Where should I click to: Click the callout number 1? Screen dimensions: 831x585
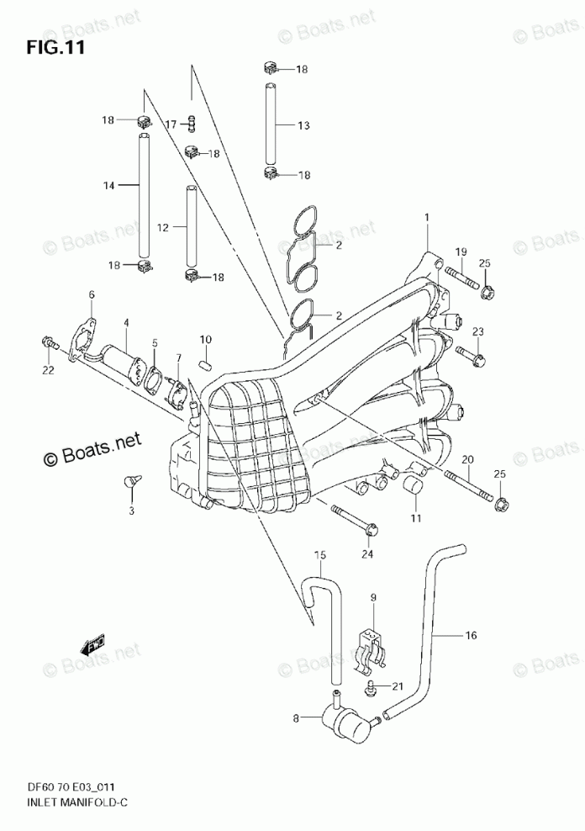(x=427, y=219)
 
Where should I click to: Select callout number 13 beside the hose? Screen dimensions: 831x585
(x=303, y=126)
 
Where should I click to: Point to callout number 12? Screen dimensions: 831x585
(x=163, y=227)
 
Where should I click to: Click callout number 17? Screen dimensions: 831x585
(x=171, y=124)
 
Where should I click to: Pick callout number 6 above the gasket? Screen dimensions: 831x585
(x=92, y=294)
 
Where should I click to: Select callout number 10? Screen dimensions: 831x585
(x=205, y=339)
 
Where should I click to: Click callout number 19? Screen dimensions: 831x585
(x=461, y=252)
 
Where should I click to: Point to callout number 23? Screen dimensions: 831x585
(x=477, y=331)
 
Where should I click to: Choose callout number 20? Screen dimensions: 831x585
(x=468, y=459)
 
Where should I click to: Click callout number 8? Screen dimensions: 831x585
(x=296, y=718)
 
